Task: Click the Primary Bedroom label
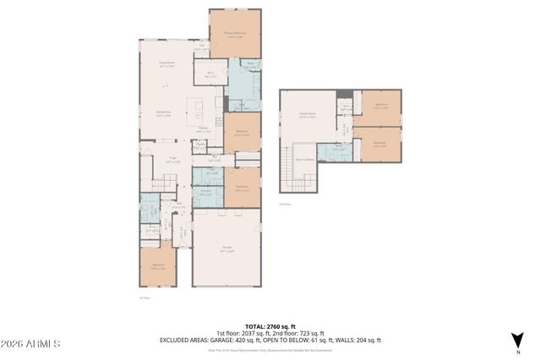(234, 35)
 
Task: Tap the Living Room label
(167, 63)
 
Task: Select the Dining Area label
(163, 115)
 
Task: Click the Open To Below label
(304, 157)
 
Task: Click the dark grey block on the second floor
(342, 95)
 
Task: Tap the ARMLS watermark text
(30, 344)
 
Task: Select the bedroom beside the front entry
(158, 267)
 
